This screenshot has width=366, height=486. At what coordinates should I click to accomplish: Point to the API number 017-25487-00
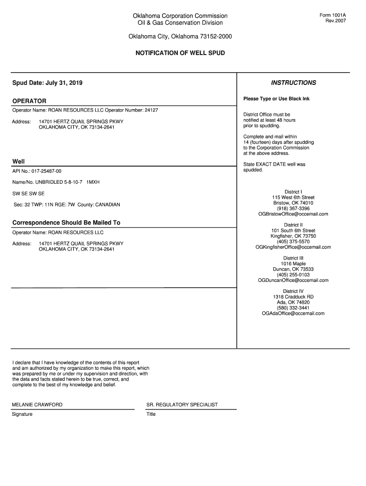(x=47, y=171)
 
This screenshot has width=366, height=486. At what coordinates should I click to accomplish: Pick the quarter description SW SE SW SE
(x=29, y=194)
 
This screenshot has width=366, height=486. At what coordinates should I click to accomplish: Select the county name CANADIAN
(x=107, y=205)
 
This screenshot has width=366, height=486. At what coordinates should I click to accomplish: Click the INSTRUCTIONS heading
(x=293, y=83)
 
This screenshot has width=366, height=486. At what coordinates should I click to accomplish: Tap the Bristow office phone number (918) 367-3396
(x=293, y=208)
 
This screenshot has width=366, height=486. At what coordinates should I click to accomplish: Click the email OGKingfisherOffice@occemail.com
(x=293, y=247)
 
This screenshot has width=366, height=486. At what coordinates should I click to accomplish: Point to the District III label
(x=293, y=258)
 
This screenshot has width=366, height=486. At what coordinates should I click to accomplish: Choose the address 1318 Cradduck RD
(x=293, y=297)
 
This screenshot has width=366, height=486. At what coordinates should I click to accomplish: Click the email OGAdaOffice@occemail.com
(x=293, y=313)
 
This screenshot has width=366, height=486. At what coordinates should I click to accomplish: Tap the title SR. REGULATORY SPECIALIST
(x=183, y=405)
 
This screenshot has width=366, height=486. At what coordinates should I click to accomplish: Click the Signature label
(x=22, y=414)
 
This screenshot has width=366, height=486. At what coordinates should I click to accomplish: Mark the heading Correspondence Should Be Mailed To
(x=66, y=223)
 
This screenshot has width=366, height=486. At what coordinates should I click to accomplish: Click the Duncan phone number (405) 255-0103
(x=293, y=275)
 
